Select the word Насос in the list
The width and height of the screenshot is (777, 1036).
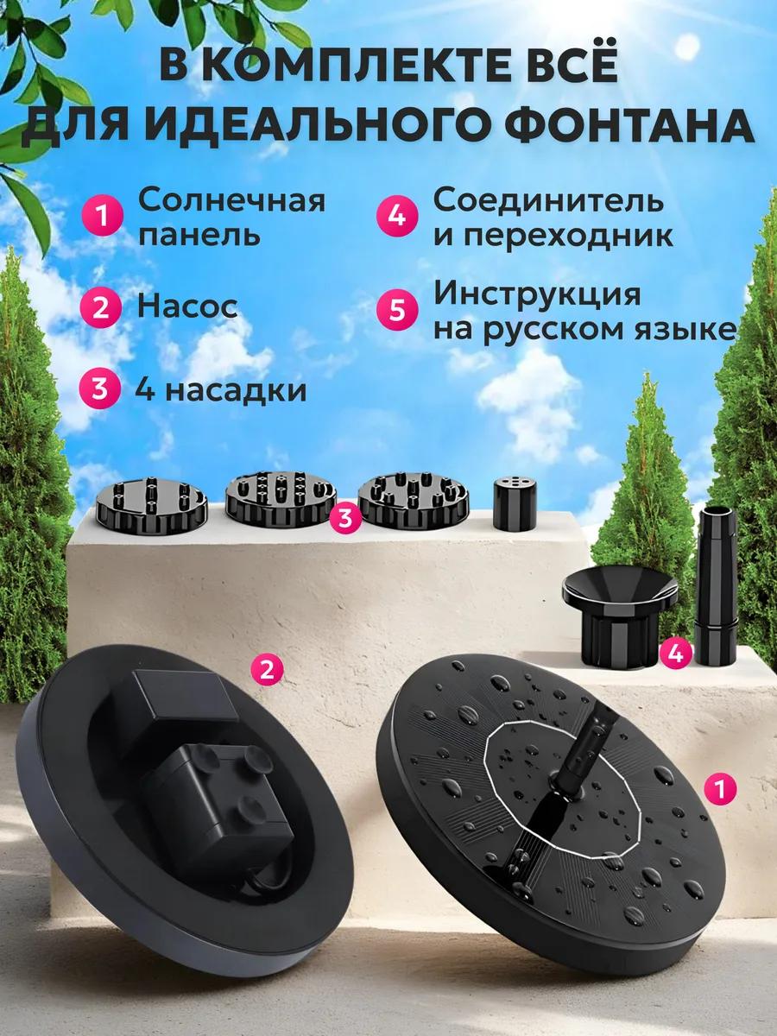click(186, 307)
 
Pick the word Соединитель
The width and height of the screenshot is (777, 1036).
click(549, 201)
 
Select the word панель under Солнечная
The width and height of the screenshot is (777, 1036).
click(199, 235)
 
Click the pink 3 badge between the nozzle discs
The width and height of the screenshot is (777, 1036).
click(345, 518)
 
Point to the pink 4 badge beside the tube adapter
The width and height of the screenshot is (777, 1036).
click(677, 654)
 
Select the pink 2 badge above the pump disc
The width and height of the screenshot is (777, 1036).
click(268, 669)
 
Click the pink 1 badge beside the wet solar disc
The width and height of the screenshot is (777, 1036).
click(720, 787)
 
